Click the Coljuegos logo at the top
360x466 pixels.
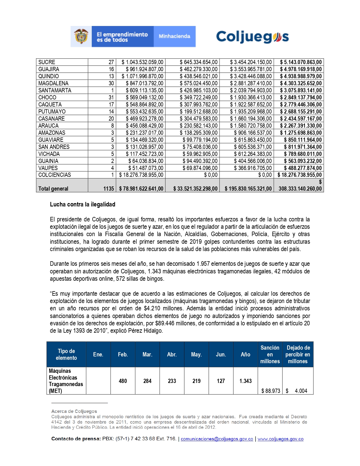point(252,37)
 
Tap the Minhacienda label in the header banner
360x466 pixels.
point(174,36)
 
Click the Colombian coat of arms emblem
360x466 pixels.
point(81,36)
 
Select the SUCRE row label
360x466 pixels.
point(47,62)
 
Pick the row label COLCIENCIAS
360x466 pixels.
point(55,175)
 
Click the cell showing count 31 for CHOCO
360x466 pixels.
point(111,97)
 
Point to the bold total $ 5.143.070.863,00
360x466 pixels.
point(301,62)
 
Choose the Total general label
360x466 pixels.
point(53,189)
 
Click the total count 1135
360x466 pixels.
point(109,189)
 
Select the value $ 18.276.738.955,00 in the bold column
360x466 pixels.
point(300,175)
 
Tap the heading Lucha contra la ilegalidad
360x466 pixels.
point(82,204)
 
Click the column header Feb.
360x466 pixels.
point(123,354)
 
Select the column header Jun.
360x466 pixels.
point(221,354)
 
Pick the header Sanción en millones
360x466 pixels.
point(270,354)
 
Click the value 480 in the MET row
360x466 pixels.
point(123,381)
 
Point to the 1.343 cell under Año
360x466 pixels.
point(245,381)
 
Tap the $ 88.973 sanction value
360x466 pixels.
point(270,391)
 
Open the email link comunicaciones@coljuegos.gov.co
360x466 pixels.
point(217,439)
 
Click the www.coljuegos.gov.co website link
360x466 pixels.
point(280,439)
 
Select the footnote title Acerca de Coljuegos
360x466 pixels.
point(74,411)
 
